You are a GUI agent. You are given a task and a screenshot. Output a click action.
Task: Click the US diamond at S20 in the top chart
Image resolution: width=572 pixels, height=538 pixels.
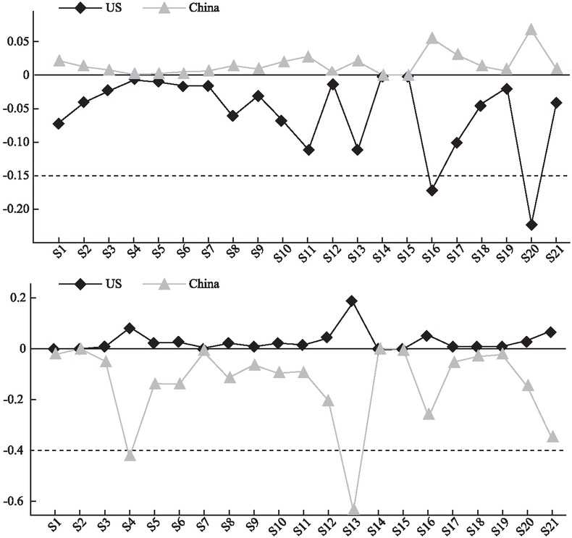pyautogui.click(x=532, y=224)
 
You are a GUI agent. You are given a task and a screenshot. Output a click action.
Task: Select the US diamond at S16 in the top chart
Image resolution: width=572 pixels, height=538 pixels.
pyautogui.click(x=432, y=190)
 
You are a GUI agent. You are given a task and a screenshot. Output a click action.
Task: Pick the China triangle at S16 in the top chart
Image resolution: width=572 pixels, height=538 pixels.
pyautogui.click(x=432, y=38)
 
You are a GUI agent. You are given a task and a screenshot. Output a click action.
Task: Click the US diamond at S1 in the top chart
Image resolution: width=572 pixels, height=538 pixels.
pyautogui.click(x=58, y=124)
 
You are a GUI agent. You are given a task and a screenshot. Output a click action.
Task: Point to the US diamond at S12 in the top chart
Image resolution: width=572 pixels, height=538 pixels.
pyautogui.click(x=332, y=84)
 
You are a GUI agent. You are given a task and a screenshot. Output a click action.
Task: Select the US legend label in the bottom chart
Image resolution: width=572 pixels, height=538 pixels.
pyautogui.click(x=112, y=283)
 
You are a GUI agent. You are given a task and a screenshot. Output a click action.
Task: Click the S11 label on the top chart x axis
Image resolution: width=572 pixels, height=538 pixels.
pyautogui.click(x=306, y=256)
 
